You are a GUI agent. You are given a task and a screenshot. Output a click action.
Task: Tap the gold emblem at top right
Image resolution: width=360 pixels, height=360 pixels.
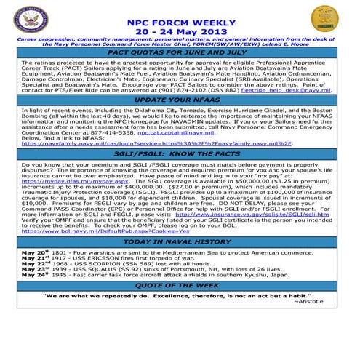tap(324, 19)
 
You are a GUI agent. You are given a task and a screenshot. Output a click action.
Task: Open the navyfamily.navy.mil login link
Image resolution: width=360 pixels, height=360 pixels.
tap(156, 144)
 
